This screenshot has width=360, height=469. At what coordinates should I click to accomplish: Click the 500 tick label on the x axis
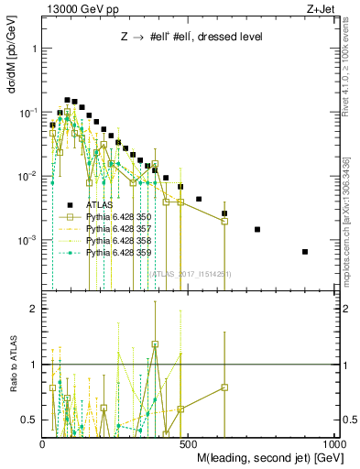190,442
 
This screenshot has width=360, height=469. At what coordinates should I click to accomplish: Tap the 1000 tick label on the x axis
335,442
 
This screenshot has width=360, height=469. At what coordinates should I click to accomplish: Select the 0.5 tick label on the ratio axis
28,420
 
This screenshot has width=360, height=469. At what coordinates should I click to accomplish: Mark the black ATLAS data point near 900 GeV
305,251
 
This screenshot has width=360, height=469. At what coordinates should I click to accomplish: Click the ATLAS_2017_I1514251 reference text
191,274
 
